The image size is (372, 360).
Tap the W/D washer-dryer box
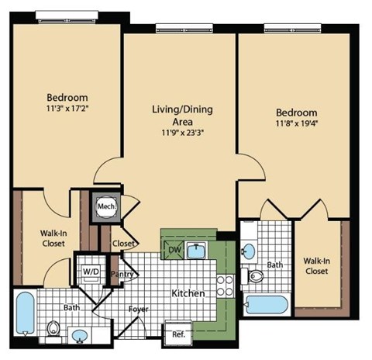pyautogui.click(x=91, y=272)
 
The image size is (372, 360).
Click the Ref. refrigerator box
pyautogui.click(x=178, y=337)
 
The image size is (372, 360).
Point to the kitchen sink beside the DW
pyautogui.click(x=198, y=251)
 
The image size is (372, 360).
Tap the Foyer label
pyautogui.click(x=139, y=308)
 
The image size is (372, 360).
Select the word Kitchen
pyautogui.click(x=188, y=293)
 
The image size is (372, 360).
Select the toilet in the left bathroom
pyautogui.click(x=54, y=329)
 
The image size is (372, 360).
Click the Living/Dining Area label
pyautogui.click(x=182, y=116)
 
